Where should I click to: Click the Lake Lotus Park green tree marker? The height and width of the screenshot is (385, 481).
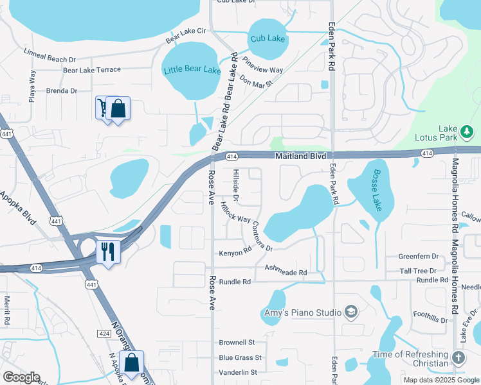(467, 133)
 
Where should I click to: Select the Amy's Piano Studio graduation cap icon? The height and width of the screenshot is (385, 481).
(351, 312)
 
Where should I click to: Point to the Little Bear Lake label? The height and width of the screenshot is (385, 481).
(192, 70)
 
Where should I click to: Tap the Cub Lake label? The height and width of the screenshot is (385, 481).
(268, 39)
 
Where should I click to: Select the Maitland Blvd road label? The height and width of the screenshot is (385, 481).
(302, 156)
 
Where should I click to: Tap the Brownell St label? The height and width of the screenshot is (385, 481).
(237, 342)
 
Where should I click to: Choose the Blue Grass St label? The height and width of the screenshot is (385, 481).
(240, 357)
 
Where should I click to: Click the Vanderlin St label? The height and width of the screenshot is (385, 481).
(237, 372)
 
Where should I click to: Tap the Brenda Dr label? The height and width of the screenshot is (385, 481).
(62, 91)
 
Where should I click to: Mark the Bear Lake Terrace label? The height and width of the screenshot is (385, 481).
(91, 69)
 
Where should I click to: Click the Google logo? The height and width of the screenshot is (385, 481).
(21, 377)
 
